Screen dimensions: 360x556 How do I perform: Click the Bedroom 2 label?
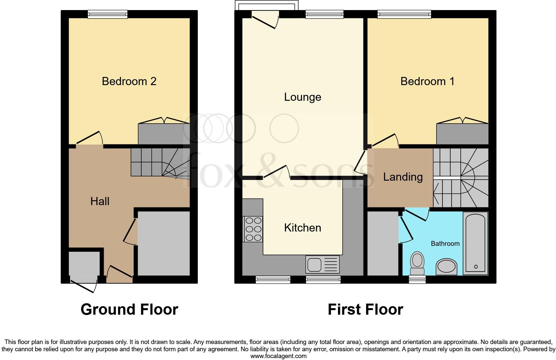point(129,81)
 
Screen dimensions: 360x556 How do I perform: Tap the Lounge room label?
point(302,97)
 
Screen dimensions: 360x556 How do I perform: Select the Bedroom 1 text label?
point(427,81)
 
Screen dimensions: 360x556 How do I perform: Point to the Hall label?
point(100,201)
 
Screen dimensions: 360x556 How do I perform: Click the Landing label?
point(403,177)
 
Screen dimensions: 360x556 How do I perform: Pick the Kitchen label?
point(302,228)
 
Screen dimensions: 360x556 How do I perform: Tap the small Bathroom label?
point(445,244)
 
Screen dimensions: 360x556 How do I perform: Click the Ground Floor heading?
point(129,309)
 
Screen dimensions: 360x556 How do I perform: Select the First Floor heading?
point(365,309)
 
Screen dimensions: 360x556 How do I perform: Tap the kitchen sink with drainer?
point(322,264)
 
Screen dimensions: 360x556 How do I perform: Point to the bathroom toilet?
point(417,263)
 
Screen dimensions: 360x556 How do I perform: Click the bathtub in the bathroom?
point(475,243)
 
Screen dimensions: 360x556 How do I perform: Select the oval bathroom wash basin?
point(446,267)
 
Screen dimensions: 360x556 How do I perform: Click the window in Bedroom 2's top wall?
point(107,14)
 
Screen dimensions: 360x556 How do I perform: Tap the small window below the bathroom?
point(417,279)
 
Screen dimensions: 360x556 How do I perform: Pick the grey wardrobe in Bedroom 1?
point(462,134)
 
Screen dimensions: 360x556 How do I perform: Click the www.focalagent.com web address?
point(278,356)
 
